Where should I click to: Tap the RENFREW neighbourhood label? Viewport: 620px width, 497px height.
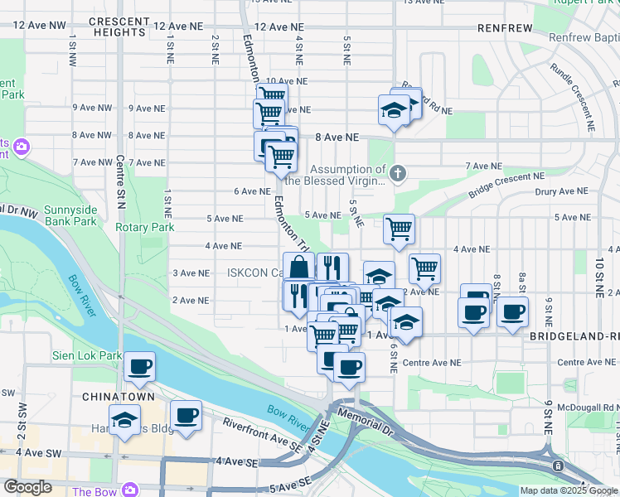tap(505, 28)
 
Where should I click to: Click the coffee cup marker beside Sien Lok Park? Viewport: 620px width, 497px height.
tap(140, 366)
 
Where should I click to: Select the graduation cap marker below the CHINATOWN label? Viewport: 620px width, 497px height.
tap(124, 422)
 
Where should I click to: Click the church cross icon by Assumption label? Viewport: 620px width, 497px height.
tap(398, 172)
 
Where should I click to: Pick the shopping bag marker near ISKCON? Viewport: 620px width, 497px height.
tap(300, 267)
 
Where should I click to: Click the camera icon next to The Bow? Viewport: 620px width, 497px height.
tap(129, 490)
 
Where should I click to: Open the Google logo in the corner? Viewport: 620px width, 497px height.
tap(27, 487)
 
